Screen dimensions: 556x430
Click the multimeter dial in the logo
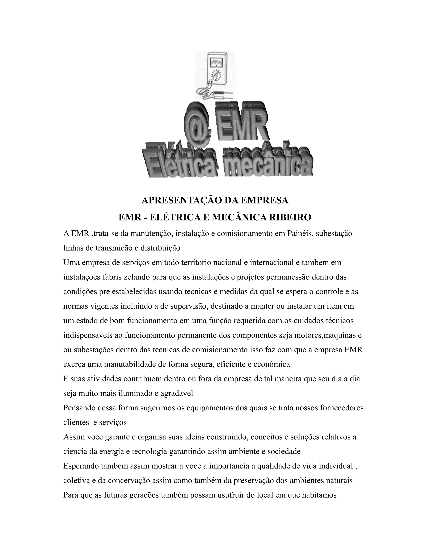pyautogui.click(x=216, y=75)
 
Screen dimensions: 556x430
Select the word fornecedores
pyautogui.click(x=341, y=408)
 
